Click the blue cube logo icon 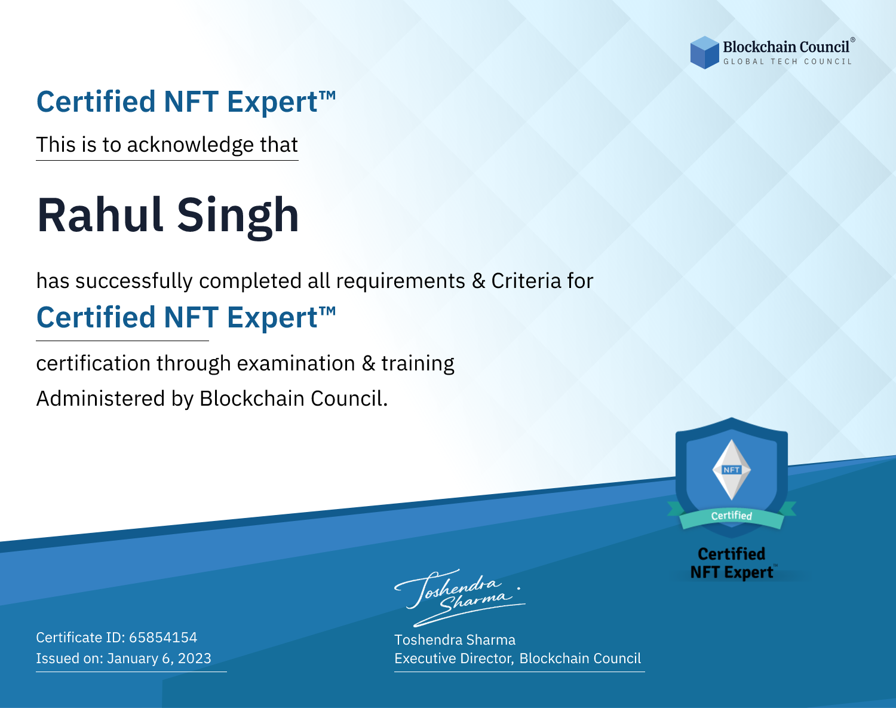point(704,53)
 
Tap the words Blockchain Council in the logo point(786,47)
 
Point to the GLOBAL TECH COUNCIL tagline point(787,62)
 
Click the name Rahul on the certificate point(100,215)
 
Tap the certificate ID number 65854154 point(163,637)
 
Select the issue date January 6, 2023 point(159,658)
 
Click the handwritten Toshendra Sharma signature point(460,597)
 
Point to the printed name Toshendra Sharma point(455,640)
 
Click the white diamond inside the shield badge point(732,470)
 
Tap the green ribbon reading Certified point(732,516)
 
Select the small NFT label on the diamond point(732,470)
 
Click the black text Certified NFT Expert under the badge point(732,563)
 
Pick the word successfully point(134,281)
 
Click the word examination point(296,363)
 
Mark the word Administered point(101,398)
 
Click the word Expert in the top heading point(281,102)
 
